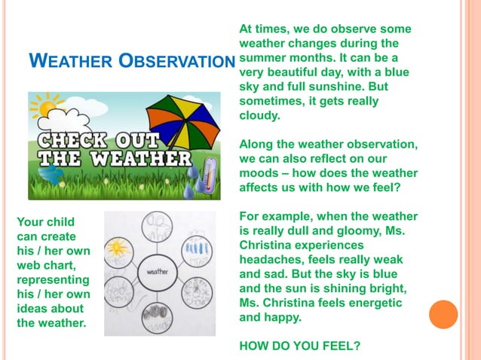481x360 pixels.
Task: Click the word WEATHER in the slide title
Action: (72, 61)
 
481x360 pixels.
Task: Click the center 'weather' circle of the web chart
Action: (158, 271)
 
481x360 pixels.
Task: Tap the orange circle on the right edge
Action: (443, 314)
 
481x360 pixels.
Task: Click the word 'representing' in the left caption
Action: (49, 280)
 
